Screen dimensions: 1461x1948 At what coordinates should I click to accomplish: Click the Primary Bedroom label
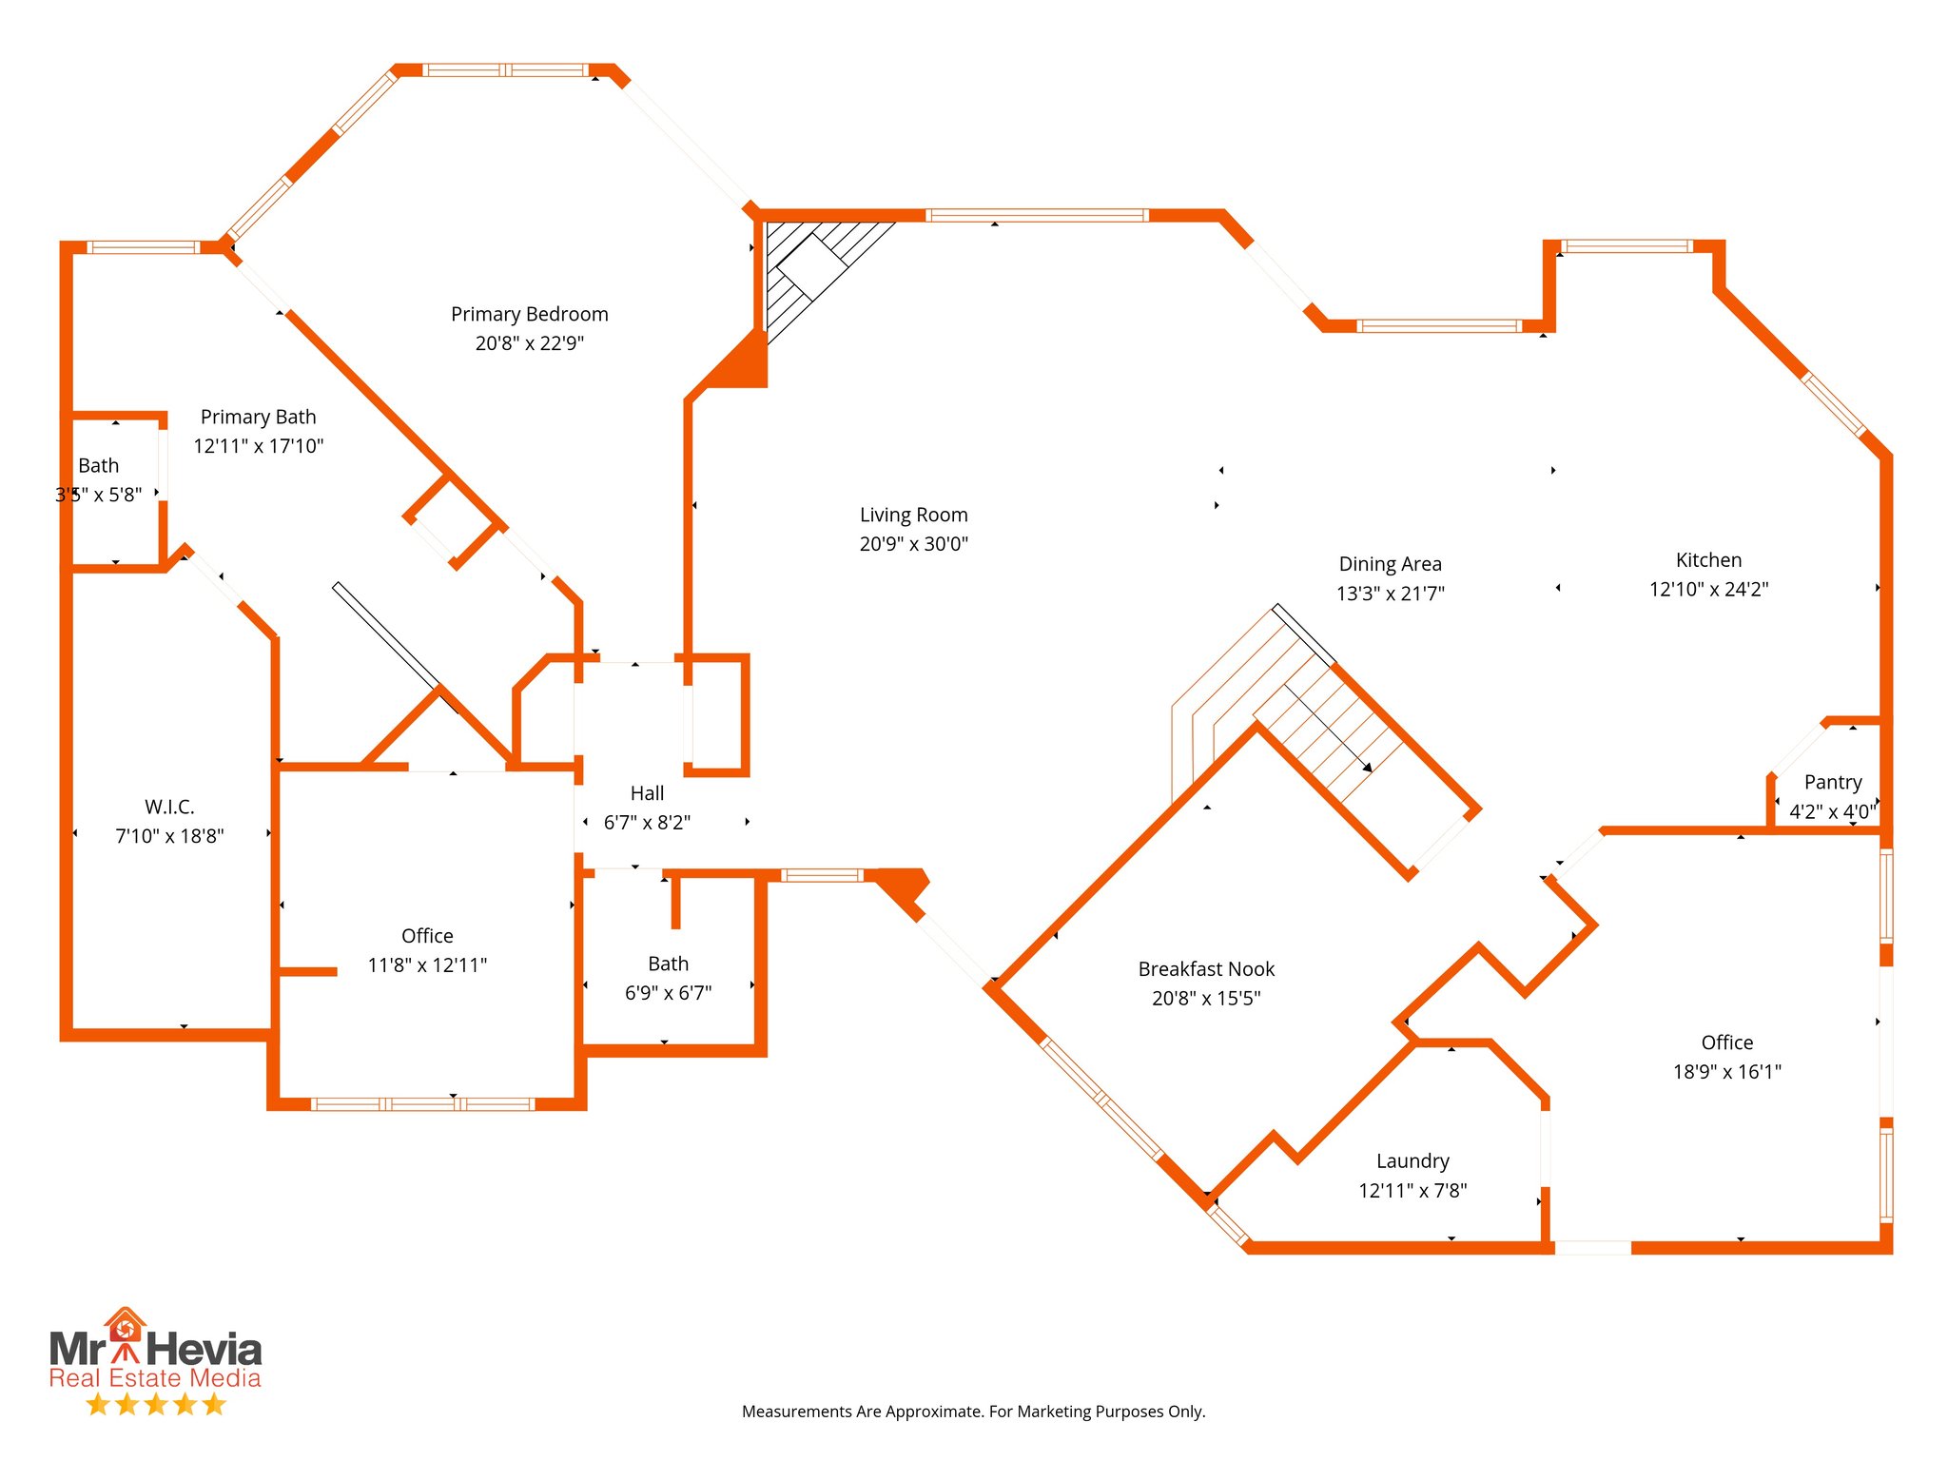point(529,314)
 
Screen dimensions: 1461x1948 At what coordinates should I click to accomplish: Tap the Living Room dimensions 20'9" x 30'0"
point(913,544)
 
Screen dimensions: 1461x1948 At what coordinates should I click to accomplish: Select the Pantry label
point(1832,782)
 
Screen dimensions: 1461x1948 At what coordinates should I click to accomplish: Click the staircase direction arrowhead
point(1366,766)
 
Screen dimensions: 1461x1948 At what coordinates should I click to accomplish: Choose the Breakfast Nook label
point(1206,969)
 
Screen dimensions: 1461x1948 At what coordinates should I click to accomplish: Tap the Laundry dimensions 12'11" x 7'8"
point(1412,1191)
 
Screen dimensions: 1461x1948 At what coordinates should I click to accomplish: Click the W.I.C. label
point(169,807)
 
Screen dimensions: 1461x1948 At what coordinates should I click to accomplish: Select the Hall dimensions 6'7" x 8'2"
point(647,823)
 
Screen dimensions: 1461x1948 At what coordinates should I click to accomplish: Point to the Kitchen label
point(1708,560)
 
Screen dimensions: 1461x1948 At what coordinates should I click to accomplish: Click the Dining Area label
point(1390,564)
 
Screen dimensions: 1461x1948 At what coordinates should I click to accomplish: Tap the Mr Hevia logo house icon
point(125,1326)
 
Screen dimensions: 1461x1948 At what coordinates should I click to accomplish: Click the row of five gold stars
point(155,1404)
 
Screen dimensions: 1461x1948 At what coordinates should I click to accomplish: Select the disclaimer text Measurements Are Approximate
point(973,1412)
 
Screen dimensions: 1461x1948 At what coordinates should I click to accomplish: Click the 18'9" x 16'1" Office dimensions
point(1726,1072)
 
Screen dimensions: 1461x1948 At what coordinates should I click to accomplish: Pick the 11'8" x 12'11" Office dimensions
point(427,965)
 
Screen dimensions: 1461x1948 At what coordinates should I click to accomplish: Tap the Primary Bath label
point(258,417)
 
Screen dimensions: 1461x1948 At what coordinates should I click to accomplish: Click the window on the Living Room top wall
point(1037,216)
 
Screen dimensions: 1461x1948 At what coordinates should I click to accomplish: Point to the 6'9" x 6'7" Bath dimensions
point(668,993)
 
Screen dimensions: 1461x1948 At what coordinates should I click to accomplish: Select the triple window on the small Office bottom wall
point(422,1104)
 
